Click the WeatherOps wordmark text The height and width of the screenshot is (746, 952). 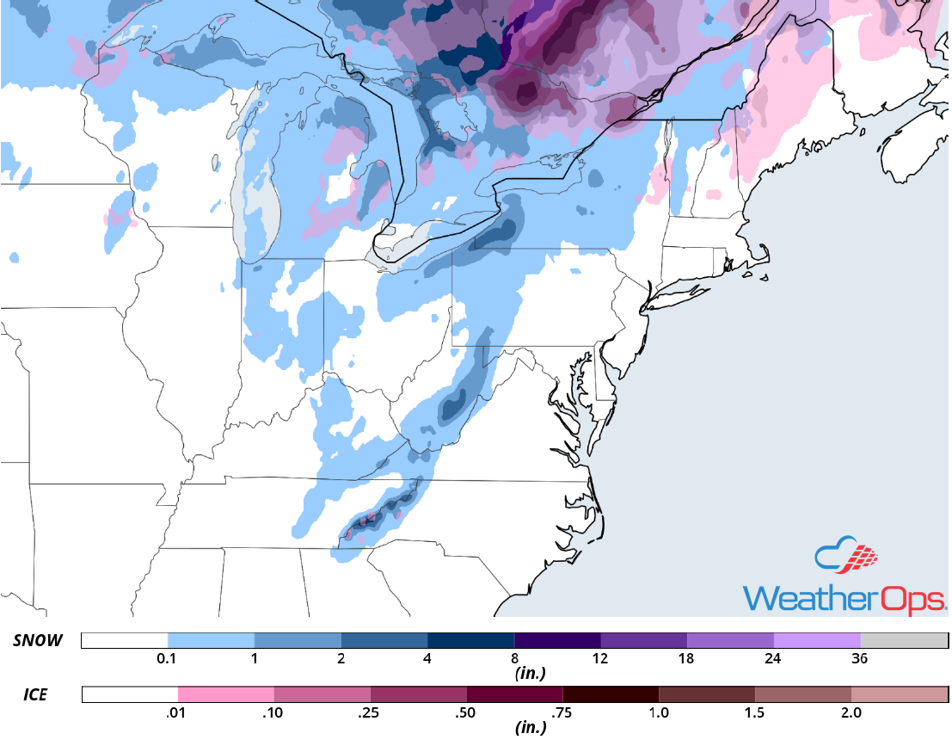coord(845,597)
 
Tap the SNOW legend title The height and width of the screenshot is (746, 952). coord(39,641)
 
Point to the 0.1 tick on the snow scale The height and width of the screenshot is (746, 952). coord(168,659)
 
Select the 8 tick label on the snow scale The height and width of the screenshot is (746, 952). coord(514,659)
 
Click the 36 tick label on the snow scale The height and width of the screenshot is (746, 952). coord(860,659)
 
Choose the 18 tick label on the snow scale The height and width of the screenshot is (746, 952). coord(687,659)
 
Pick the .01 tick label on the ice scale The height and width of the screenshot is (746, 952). coord(178,712)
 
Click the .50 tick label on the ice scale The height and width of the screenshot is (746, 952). coord(467,712)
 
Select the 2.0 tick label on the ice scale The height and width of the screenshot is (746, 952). coord(851,712)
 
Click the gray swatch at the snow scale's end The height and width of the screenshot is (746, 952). coord(903,641)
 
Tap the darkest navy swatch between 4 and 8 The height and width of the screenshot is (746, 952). coord(470,641)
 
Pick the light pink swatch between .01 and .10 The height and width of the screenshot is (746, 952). coord(226,694)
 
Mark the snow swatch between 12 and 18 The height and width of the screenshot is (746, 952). coord(643,641)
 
